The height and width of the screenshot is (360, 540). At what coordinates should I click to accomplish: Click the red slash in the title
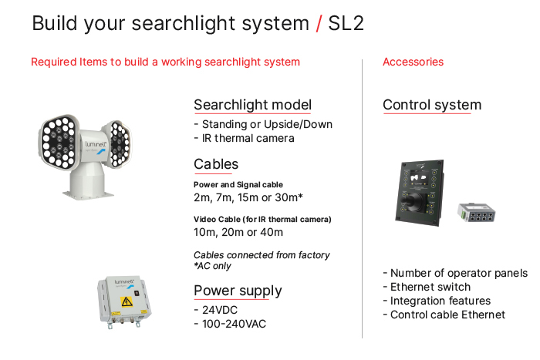[x=319, y=23]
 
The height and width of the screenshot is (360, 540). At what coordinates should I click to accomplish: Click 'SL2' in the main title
[x=346, y=23]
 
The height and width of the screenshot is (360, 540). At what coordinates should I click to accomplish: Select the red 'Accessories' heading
[x=413, y=62]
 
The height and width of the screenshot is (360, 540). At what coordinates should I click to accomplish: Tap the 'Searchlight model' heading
[x=252, y=105]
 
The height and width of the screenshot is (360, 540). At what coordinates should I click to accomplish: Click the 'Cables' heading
[x=216, y=164]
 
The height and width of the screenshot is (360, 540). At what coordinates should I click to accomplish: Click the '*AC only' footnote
[x=212, y=266]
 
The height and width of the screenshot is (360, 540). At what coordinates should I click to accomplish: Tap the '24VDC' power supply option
[x=219, y=310]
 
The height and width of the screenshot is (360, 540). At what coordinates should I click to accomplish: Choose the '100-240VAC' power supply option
[x=234, y=324]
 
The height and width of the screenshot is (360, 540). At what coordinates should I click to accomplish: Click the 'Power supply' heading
[x=238, y=291]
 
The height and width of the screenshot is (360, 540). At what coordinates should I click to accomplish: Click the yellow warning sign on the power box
[x=127, y=301]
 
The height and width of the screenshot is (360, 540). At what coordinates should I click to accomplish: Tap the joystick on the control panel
[x=412, y=200]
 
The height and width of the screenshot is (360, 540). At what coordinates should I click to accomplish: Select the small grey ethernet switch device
[x=476, y=212]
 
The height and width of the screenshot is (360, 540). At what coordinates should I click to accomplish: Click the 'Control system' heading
[x=432, y=105]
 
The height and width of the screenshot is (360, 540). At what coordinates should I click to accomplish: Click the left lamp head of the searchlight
[x=59, y=142]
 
